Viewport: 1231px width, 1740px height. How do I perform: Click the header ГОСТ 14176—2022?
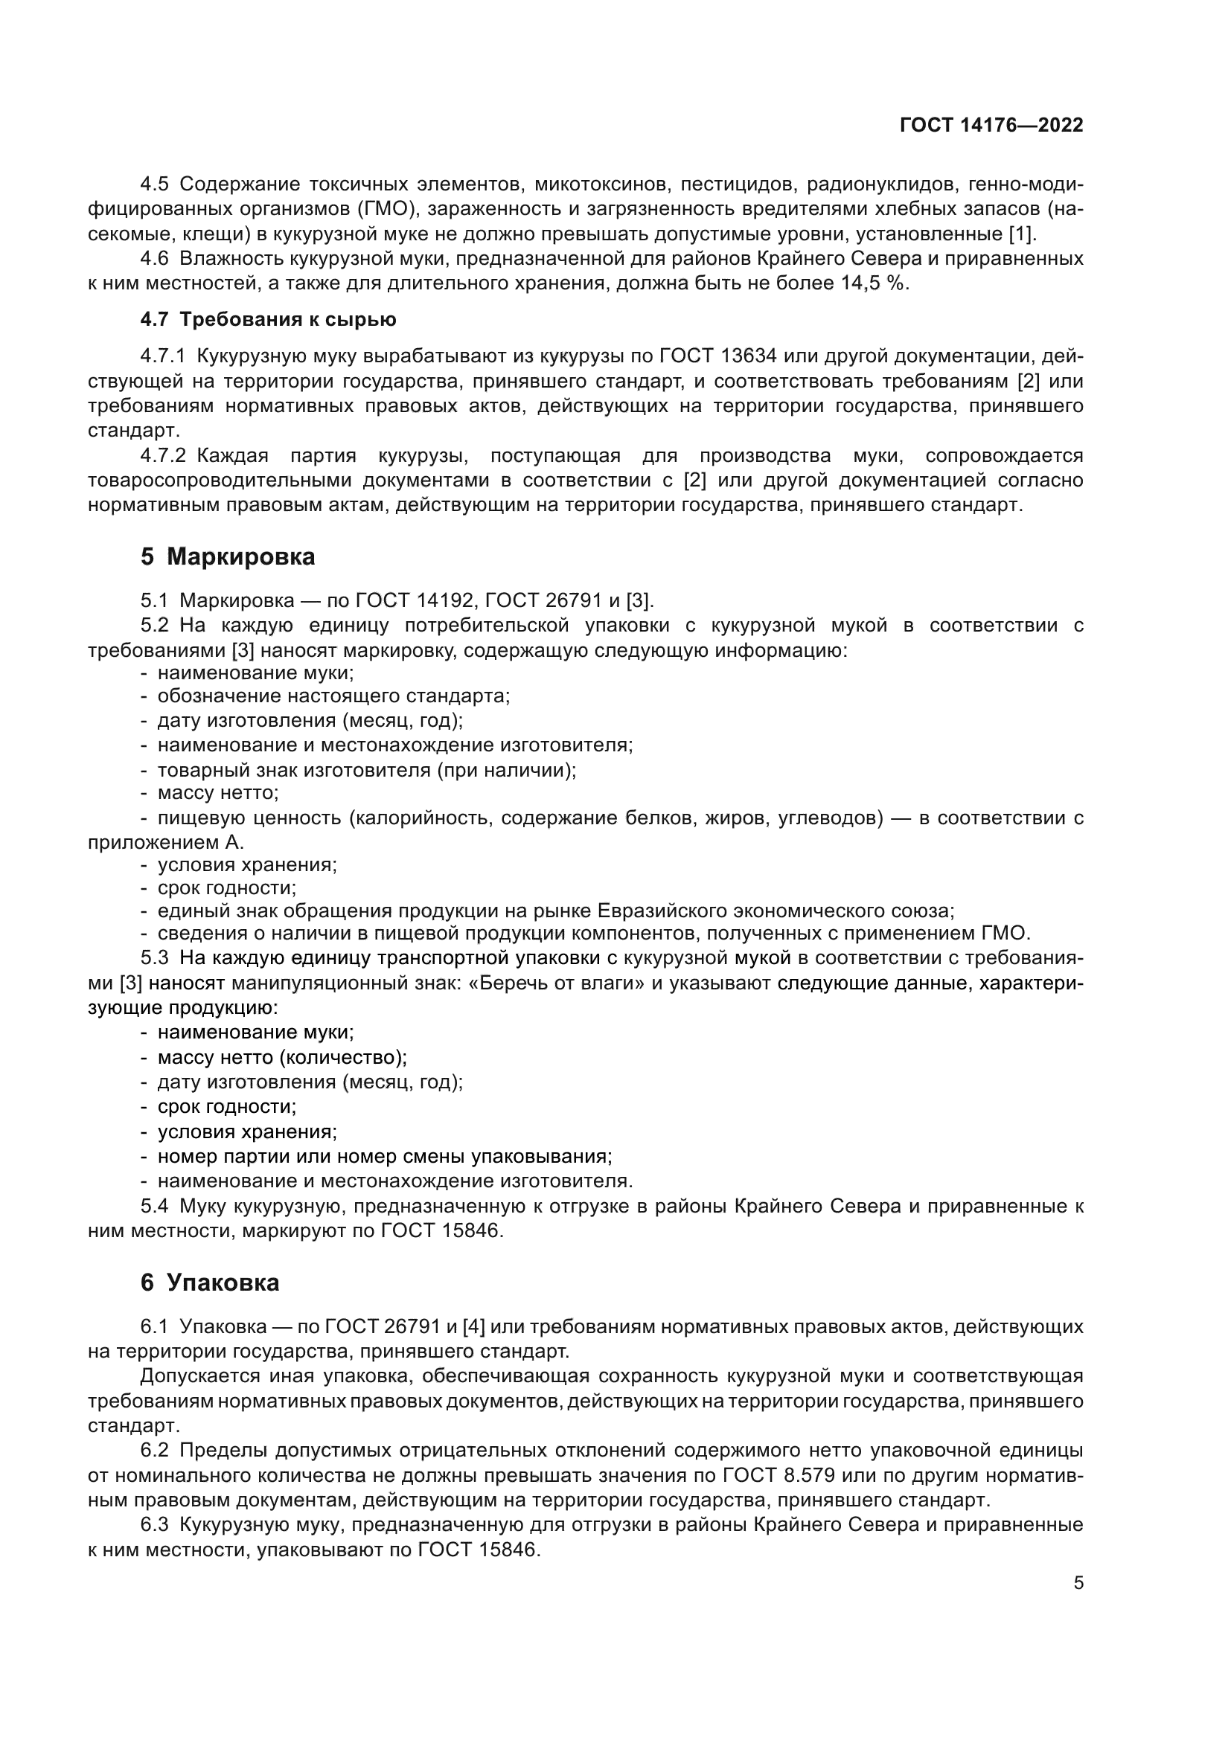pyautogui.click(x=991, y=125)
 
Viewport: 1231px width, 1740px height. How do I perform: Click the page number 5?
pyautogui.click(x=1078, y=1583)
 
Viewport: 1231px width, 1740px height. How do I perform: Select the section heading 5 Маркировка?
pyautogui.click(x=228, y=556)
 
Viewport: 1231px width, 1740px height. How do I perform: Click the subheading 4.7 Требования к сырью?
pyautogui.click(x=268, y=319)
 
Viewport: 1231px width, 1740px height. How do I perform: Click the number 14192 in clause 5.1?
pyautogui.click(x=445, y=601)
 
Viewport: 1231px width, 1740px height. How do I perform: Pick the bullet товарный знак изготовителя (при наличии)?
pyautogui.click(x=366, y=771)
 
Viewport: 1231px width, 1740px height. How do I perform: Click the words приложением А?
pyautogui.click(x=165, y=842)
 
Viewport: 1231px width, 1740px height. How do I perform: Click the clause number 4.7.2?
pyautogui.click(x=162, y=455)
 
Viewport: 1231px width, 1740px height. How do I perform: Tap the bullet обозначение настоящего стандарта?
pyautogui.click(x=333, y=696)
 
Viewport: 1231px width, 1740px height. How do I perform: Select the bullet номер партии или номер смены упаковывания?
pyautogui.click(x=384, y=1157)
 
